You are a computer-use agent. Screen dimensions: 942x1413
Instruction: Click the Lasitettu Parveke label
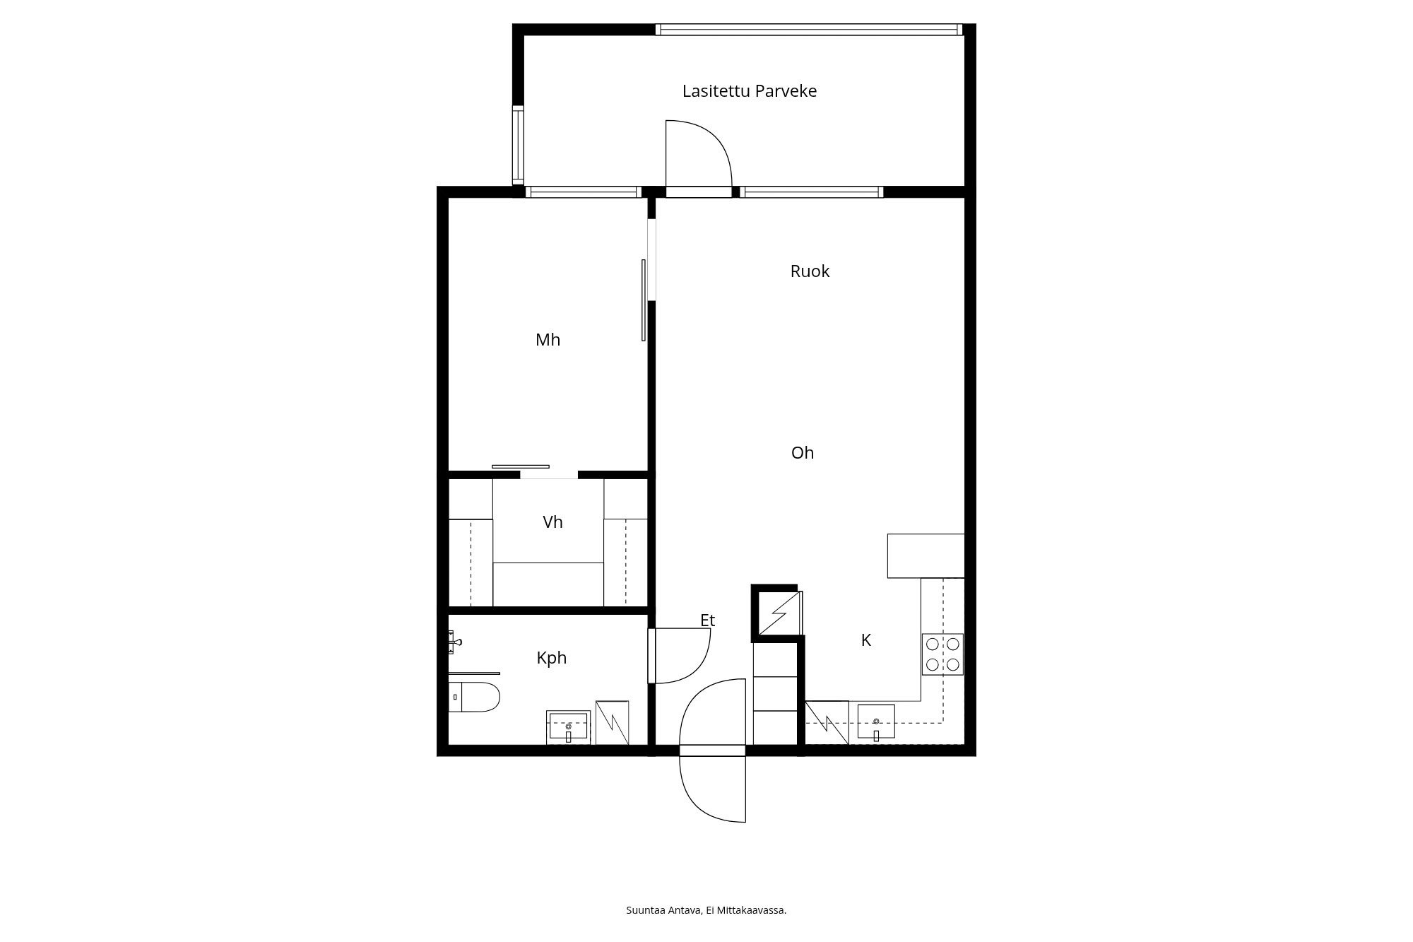tap(749, 91)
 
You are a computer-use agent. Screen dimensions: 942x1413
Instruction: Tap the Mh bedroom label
tap(548, 340)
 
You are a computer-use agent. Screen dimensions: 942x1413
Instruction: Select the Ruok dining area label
tap(810, 271)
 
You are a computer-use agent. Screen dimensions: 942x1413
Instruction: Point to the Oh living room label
tap(803, 453)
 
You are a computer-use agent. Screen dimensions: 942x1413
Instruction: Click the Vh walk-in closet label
tap(552, 522)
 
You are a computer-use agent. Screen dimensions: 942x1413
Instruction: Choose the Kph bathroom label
tap(551, 658)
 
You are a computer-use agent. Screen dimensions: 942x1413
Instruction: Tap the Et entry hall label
tap(707, 620)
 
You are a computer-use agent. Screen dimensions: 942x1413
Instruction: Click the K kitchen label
tap(865, 640)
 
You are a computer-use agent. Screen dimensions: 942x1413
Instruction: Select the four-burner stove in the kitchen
tap(942, 654)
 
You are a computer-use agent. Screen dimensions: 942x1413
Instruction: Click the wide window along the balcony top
tap(809, 30)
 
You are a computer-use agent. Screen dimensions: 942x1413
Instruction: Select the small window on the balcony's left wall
tap(518, 145)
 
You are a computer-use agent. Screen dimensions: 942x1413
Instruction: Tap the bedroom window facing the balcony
tap(583, 192)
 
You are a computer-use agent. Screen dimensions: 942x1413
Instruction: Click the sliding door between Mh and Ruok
tap(644, 300)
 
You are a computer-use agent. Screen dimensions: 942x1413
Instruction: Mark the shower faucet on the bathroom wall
tap(454, 642)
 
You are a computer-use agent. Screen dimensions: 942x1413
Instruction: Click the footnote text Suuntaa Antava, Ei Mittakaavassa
tap(706, 910)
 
